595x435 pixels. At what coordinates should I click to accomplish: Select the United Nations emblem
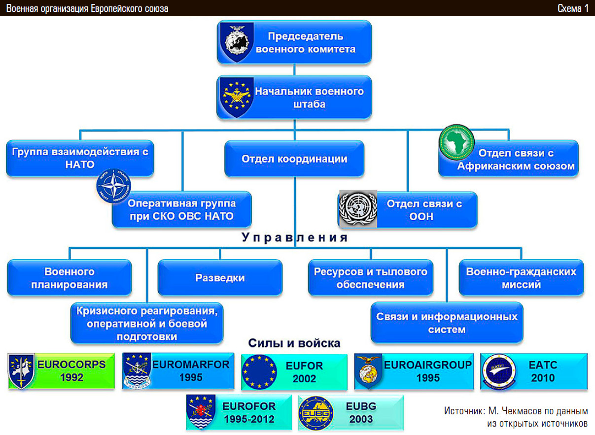point(358,209)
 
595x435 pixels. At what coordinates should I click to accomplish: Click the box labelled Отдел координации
point(294,159)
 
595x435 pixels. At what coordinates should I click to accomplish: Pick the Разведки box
point(220,278)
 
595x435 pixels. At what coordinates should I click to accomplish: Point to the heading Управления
point(295,238)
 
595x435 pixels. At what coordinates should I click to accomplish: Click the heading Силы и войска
point(294,343)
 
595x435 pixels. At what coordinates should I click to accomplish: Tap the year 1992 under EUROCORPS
point(71,378)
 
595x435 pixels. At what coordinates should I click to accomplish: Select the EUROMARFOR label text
point(191,365)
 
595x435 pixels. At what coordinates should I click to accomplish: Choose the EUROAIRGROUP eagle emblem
point(369,371)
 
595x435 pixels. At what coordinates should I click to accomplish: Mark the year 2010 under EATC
point(542,378)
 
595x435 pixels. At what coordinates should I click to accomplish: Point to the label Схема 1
point(573,8)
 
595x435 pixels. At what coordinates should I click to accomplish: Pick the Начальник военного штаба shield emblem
point(235,97)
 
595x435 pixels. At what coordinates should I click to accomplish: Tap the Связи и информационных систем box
point(447,323)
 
